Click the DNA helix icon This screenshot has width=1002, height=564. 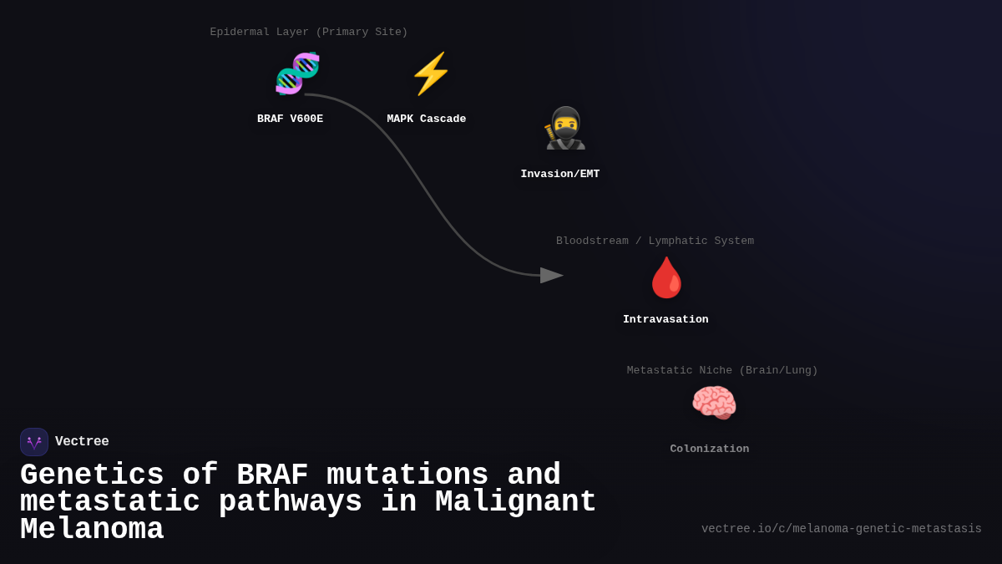pos(297,74)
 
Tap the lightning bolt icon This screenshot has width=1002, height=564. pos(431,74)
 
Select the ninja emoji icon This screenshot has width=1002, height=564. pos(565,129)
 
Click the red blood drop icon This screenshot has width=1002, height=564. pos(666,277)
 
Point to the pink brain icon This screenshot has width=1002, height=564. pos(714,403)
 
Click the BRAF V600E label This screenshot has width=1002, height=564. pos(290,119)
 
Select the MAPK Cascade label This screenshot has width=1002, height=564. pos(426,119)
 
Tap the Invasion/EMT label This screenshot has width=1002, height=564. pos(559,174)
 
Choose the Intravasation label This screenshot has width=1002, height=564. pos(665,319)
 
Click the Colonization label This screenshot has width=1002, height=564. pos(709,449)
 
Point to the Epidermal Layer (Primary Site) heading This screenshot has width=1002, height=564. pos(309,32)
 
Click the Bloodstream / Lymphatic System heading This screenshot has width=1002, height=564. pos(655,241)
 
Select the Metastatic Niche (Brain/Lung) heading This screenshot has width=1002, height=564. pos(722,370)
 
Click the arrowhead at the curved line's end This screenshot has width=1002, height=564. pos(551,275)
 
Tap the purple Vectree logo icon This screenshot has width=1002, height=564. pos(34,442)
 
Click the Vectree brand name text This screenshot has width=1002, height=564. pos(82,441)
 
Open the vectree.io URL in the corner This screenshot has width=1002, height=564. pos(841,528)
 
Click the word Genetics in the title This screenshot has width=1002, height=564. pos(92,475)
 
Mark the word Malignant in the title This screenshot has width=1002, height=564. pos(515,502)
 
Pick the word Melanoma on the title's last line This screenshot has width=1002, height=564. pos(92,530)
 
